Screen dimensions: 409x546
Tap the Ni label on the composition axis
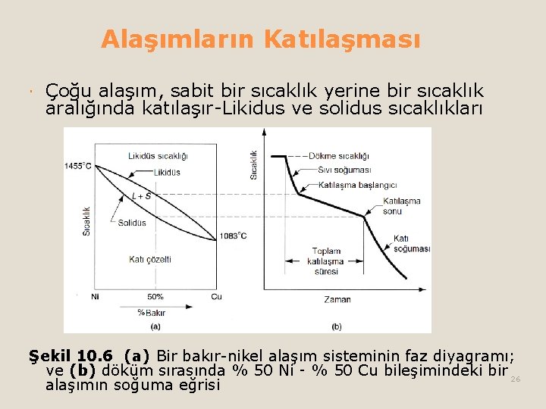(x=95, y=296)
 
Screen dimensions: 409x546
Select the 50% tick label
(x=155, y=296)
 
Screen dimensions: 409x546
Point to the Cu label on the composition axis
(x=216, y=296)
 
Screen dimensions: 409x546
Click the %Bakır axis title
(x=152, y=312)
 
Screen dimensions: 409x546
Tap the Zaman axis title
(x=337, y=299)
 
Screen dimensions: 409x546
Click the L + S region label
(x=141, y=196)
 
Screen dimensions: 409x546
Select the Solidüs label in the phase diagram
(x=132, y=223)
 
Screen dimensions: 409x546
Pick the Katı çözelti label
(x=149, y=259)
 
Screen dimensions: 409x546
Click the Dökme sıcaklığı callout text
(x=339, y=156)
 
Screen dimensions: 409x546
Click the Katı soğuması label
(x=411, y=244)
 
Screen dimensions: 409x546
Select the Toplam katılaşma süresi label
(x=328, y=261)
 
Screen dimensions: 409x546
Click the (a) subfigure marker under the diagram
(x=155, y=326)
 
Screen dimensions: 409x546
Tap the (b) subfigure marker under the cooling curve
(x=337, y=326)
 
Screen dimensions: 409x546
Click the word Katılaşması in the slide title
(x=342, y=39)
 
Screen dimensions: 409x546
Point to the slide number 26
(x=516, y=379)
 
